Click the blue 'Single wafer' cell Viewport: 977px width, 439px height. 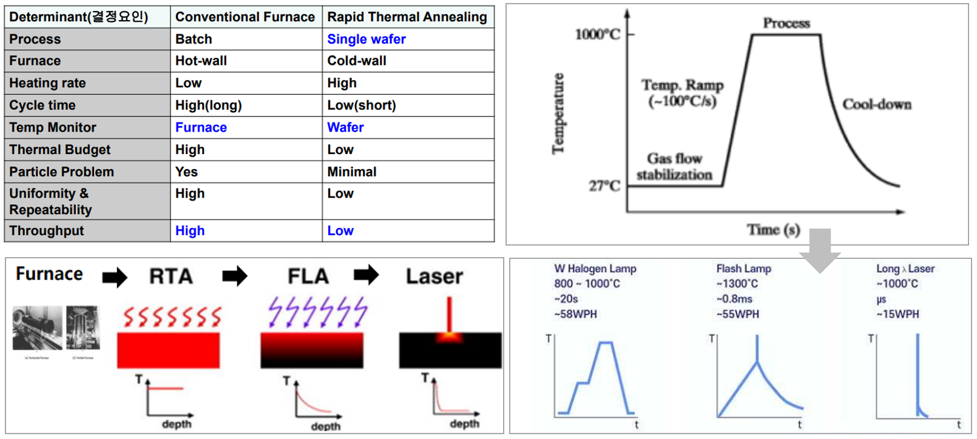pyautogui.click(x=366, y=39)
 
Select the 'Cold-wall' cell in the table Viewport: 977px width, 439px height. pyautogui.click(x=357, y=61)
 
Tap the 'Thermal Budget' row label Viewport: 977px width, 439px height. pyautogui.click(x=59, y=150)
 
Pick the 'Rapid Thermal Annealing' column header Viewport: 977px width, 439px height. pyautogui.click(x=407, y=17)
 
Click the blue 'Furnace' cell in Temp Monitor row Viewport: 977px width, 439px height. pyautogui.click(x=201, y=128)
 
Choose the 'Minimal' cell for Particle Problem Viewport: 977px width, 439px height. pyautogui.click(x=352, y=172)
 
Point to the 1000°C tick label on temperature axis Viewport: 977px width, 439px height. pyautogui.click(x=598, y=35)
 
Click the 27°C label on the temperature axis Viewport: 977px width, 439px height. pyautogui.click(x=604, y=186)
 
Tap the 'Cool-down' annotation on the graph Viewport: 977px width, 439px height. pyautogui.click(x=877, y=105)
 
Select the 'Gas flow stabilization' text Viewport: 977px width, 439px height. pyautogui.click(x=674, y=167)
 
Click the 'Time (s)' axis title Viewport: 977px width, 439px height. pyautogui.click(x=773, y=230)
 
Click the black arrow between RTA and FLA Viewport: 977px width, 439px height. pyautogui.click(x=235, y=276)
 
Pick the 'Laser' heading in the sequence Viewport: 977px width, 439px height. pyautogui.click(x=434, y=276)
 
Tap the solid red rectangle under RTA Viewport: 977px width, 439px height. pyautogui.click(x=168, y=350)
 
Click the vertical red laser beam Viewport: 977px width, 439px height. pyautogui.click(x=449, y=313)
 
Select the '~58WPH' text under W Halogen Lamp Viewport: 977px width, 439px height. pyautogui.click(x=575, y=314)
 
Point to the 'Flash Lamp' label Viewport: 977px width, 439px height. pyautogui.click(x=743, y=269)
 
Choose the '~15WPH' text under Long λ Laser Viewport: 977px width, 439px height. pyautogui.click(x=898, y=314)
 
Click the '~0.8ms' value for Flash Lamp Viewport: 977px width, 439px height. pyautogui.click(x=734, y=299)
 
